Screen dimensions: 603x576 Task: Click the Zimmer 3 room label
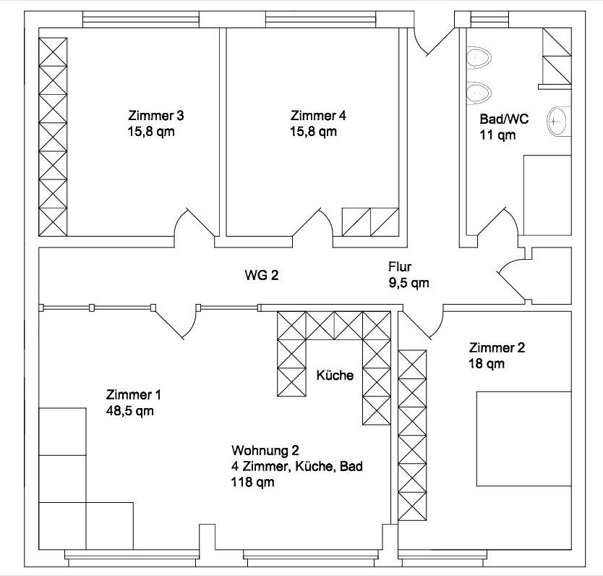[155, 116]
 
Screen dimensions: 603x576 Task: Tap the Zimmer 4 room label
[318, 116]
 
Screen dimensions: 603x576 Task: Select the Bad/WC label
[504, 119]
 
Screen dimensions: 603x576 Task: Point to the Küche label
[335, 375]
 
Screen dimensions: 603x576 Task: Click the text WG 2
[262, 276]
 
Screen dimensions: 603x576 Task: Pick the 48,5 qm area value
[129, 411]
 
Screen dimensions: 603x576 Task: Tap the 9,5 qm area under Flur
[409, 283]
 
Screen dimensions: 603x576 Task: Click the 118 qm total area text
[252, 482]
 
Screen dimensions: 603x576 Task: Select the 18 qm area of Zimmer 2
[487, 363]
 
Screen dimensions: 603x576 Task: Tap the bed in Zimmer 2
[523, 439]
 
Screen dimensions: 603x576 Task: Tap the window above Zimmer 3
[141, 20]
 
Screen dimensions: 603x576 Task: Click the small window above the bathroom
[484, 20]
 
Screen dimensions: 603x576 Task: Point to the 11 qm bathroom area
[497, 135]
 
